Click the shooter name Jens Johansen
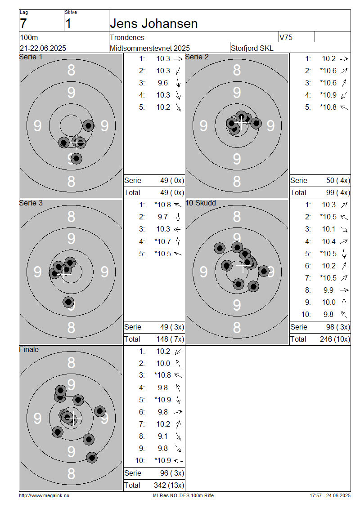click(154, 24)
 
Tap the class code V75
click(286, 38)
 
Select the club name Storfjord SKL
click(252, 48)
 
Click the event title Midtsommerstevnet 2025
click(150, 48)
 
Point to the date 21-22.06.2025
click(43, 48)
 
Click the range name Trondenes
click(127, 38)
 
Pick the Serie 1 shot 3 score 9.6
click(163, 83)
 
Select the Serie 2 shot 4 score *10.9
click(328, 95)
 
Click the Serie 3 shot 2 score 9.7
click(163, 217)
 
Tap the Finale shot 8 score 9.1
click(163, 437)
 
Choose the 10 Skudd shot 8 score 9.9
click(328, 290)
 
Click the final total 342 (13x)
click(169, 486)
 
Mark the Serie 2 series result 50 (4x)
click(338, 180)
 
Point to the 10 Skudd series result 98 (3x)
click(338, 327)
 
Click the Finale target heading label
click(29, 350)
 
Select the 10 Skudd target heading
click(200, 203)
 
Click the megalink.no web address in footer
click(44, 496)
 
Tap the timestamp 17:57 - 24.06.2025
click(330, 496)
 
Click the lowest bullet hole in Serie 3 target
click(68, 302)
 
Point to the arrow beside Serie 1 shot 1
click(178, 59)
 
